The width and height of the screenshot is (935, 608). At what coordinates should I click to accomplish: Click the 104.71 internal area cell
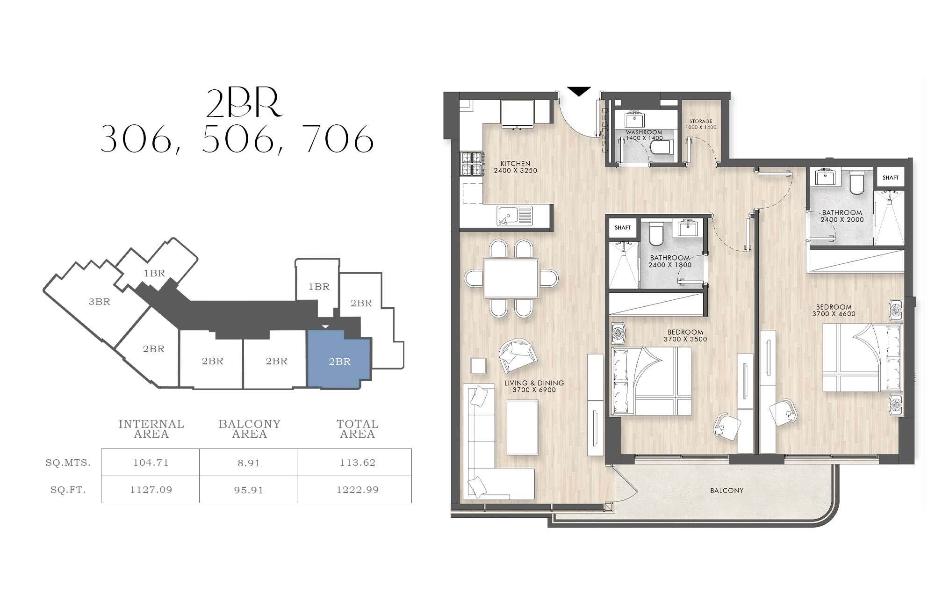pyautogui.click(x=151, y=463)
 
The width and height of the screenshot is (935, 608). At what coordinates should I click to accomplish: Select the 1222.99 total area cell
pyautogui.click(x=358, y=490)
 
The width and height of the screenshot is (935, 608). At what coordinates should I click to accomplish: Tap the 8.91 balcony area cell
pyautogui.click(x=248, y=463)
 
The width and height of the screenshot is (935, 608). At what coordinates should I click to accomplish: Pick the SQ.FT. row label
pyautogui.click(x=68, y=490)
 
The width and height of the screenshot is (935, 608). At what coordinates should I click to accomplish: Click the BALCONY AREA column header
pyautogui.click(x=250, y=429)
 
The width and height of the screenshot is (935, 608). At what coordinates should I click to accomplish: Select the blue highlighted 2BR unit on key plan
pyautogui.click(x=339, y=359)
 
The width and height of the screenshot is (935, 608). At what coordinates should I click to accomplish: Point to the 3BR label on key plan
pyautogui.click(x=100, y=302)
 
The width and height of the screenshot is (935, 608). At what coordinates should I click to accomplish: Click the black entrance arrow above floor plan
pyautogui.click(x=579, y=91)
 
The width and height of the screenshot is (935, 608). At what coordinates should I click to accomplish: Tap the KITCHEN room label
pyautogui.click(x=516, y=164)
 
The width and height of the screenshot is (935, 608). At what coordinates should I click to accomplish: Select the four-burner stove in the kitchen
pyautogui.click(x=472, y=164)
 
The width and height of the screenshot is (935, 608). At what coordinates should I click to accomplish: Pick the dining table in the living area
pyautogui.click(x=511, y=278)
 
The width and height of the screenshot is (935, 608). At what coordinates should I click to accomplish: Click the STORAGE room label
pyautogui.click(x=700, y=121)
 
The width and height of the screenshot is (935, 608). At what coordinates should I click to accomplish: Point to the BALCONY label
pyautogui.click(x=726, y=491)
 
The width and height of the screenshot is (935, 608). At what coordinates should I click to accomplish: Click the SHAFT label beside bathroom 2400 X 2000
pyautogui.click(x=890, y=178)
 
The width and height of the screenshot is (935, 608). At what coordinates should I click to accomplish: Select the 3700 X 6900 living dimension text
pyautogui.click(x=534, y=390)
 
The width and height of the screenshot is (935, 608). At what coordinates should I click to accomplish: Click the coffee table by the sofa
pyautogui.click(x=522, y=427)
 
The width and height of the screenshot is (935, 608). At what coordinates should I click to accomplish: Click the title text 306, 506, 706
pyautogui.click(x=237, y=139)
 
